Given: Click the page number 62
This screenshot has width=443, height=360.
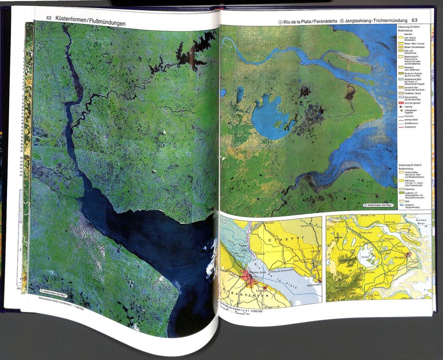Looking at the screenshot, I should [49, 18].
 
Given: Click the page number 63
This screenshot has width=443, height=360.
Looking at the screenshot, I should [416, 20].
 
